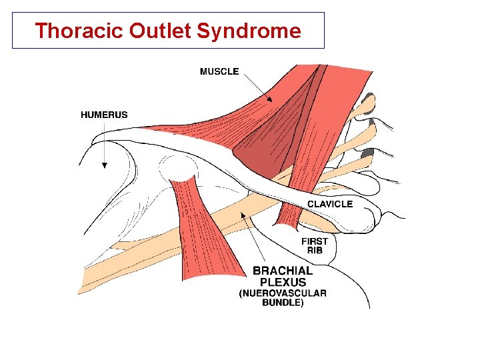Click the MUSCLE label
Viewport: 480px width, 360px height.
pyautogui.click(x=219, y=71)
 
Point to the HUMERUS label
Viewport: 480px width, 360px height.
pyautogui.click(x=104, y=115)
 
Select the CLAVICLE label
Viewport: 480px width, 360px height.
pyautogui.click(x=329, y=204)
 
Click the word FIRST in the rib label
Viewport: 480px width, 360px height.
pyautogui.click(x=315, y=241)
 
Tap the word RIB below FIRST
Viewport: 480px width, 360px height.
pyautogui.click(x=315, y=251)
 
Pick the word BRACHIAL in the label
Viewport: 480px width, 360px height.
pyautogui.click(x=283, y=271)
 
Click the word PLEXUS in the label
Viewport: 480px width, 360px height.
pyautogui.click(x=283, y=281)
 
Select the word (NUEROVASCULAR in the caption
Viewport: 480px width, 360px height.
pyautogui.click(x=283, y=293)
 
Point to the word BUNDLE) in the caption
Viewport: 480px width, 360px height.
pyautogui.click(x=283, y=303)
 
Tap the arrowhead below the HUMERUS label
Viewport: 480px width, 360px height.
pyautogui.click(x=104, y=165)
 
